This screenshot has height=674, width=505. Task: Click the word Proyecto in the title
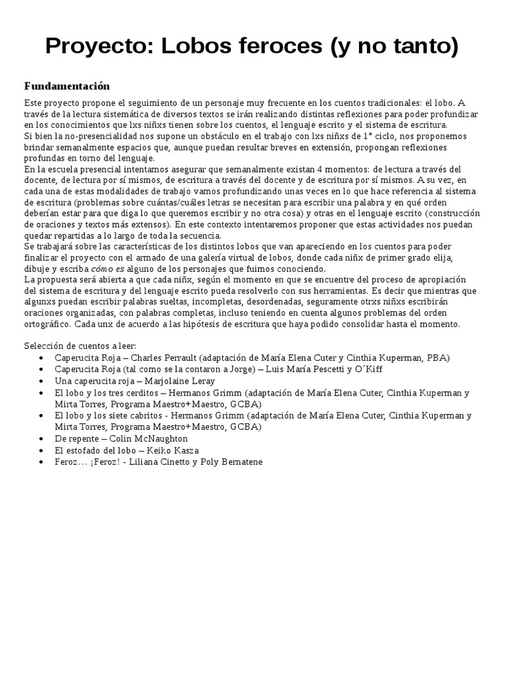pyautogui.click(x=97, y=47)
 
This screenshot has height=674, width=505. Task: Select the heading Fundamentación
pyautogui.click(x=67, y=86)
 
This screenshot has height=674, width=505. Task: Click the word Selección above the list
pyautogui.click(x=44, y=346)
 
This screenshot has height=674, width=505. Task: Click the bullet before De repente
pyautogui.click(x=42, y=439)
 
